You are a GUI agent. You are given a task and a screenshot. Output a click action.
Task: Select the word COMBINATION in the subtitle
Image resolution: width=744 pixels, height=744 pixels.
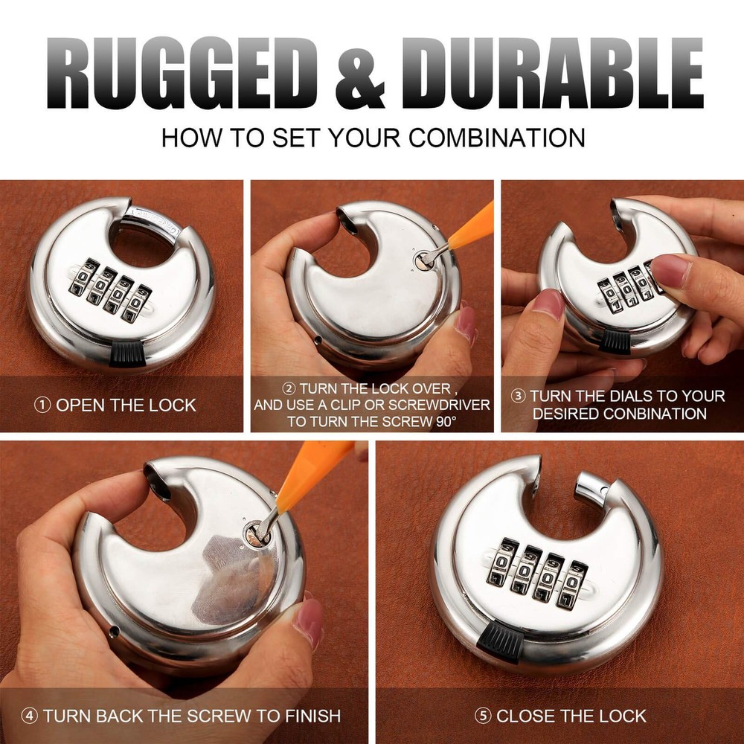496,138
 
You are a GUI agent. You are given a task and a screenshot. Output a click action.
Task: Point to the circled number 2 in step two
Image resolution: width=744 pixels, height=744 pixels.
289,388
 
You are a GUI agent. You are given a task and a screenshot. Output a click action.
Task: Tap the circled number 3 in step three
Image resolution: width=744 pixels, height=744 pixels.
518,396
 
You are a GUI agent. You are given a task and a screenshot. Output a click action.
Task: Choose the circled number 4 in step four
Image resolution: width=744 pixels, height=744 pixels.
30,716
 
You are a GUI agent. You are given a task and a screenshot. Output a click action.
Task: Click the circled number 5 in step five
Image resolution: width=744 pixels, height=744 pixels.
483,716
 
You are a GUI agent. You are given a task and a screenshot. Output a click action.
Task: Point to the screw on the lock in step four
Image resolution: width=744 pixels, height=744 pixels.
257,533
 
